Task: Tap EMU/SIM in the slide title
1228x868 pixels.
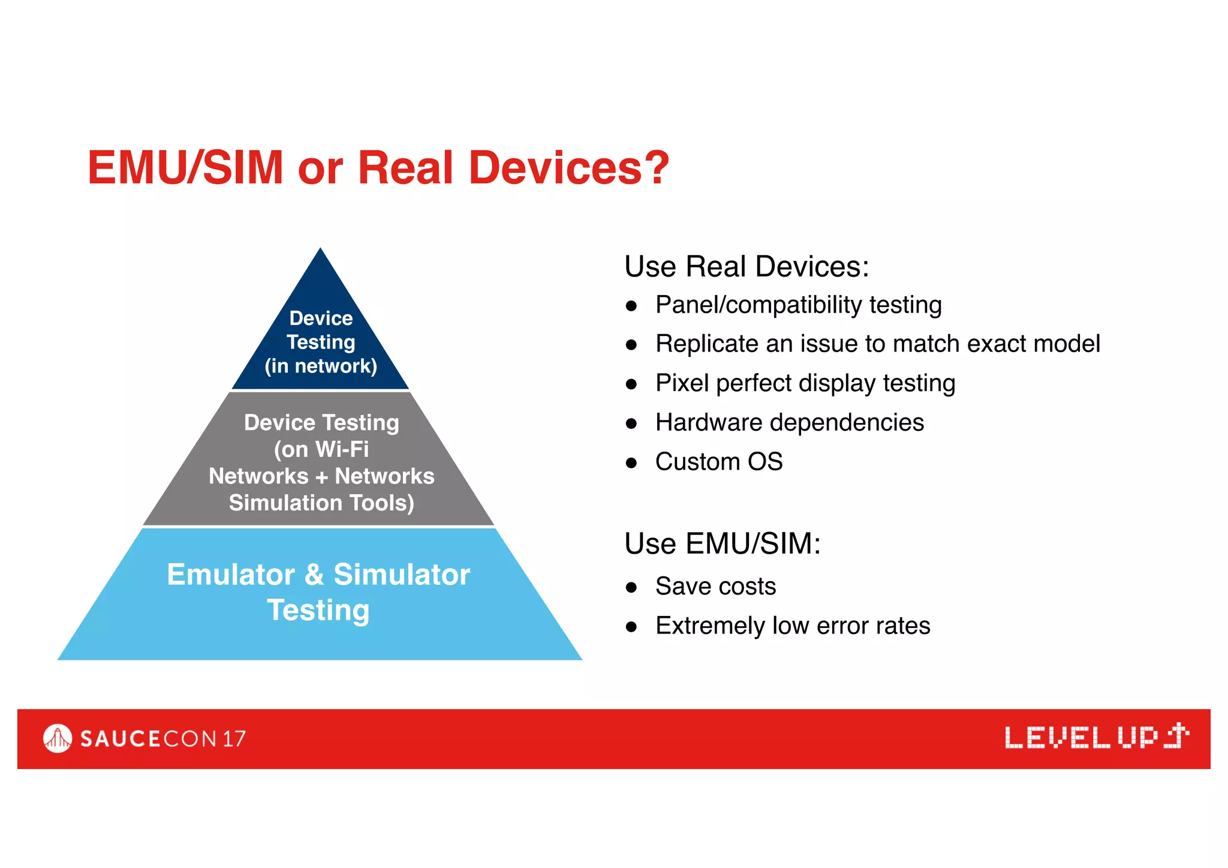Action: [x=185, y=168]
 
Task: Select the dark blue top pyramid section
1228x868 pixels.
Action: [x=320, y=288]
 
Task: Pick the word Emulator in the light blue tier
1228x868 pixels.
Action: [x=231, y=575]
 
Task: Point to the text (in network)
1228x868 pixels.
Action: [x=321, y=366]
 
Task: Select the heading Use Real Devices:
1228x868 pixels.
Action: [x=746, y=266]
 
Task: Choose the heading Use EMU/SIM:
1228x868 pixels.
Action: [x=722, y=543]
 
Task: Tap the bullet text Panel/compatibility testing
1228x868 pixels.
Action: [x=798, y=305]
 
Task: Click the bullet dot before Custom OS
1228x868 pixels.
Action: [x=631, y=462]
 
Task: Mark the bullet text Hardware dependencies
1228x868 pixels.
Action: [x=789, y=422]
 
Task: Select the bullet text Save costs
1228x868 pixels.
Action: [x=715, y=586]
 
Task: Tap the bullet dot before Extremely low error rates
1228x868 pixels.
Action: [x=631, y=627]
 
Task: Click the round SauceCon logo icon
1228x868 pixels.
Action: [x=58, y=738]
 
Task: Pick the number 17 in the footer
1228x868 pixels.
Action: [x=234, y=738]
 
